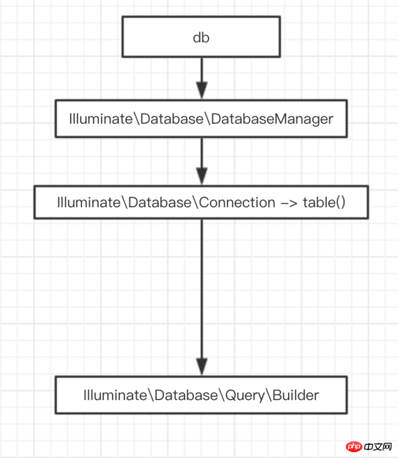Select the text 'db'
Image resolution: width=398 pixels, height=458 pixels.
201,38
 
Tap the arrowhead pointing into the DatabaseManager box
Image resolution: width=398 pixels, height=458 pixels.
202,90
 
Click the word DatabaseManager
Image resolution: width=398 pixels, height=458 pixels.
272,119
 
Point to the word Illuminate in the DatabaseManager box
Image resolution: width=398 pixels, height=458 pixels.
101,119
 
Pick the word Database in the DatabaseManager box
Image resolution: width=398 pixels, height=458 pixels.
172,119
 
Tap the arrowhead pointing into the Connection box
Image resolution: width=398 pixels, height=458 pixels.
202,176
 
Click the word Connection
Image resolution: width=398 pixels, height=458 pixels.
237,203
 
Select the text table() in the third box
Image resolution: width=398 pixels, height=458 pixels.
324,203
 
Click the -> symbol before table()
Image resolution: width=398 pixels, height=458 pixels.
289,203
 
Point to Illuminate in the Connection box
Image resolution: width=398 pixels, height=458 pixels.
89,203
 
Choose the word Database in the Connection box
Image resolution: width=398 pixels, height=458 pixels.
160,203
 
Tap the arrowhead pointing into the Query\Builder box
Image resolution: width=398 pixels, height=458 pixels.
202,367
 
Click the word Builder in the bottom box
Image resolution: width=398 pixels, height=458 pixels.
295,395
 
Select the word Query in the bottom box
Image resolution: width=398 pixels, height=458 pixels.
245,396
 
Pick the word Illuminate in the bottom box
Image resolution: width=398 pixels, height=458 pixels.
115,395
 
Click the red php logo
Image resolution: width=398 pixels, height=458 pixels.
354,447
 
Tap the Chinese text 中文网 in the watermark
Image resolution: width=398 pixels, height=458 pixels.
378,447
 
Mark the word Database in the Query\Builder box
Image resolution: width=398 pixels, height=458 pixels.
186,395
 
